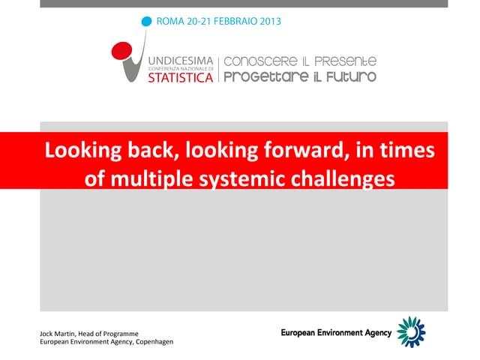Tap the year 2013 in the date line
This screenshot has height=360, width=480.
268,21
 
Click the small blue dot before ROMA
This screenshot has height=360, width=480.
146,21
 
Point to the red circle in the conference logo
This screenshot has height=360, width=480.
120,51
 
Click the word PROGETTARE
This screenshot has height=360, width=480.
259,76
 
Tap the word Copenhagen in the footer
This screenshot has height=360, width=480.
153,342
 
